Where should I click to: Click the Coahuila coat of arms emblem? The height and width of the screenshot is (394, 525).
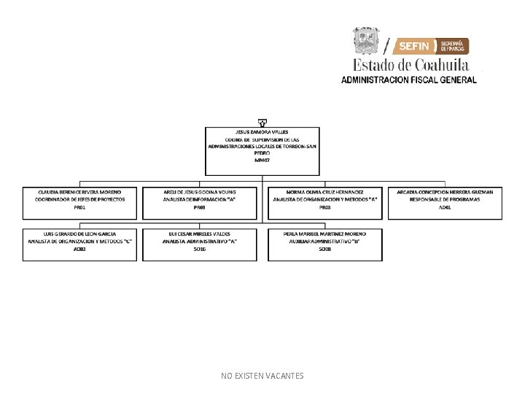point(367,41)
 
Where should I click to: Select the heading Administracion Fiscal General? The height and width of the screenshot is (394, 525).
point(409,80)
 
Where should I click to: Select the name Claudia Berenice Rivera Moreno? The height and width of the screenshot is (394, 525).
point(80,192)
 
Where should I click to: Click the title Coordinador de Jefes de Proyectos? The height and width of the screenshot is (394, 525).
point(80,199)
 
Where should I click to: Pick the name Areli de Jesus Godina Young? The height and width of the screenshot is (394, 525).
point(200,192)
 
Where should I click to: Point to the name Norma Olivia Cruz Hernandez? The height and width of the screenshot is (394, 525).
point(325,192)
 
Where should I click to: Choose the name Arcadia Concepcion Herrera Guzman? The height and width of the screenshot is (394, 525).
point(445,192)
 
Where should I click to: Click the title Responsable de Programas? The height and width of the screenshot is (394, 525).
point(445,199)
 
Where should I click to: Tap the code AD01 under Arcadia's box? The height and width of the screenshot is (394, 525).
point(445,208)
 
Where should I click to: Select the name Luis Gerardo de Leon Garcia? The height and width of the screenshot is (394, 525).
point(80,233)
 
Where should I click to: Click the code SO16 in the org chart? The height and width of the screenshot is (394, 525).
point(200,250)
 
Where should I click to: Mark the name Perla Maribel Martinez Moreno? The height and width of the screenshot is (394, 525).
point(325,233)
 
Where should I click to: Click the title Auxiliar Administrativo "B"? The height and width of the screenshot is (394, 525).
point(325,241)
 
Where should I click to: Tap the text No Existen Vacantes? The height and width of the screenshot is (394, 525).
point(262,376)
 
